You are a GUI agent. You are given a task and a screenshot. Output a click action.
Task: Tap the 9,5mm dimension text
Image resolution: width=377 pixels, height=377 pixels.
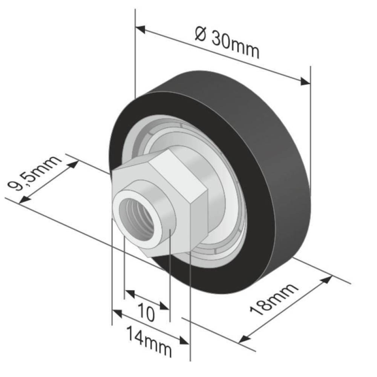33,173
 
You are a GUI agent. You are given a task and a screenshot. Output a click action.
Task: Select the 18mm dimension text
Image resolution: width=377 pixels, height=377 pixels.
274,299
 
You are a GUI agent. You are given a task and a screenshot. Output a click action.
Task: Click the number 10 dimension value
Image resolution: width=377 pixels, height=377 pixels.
146,312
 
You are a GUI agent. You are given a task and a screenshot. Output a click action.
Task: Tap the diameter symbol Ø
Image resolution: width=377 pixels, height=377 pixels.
201,33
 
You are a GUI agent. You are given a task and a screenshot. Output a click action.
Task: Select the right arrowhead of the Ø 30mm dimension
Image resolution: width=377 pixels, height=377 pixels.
305,81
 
